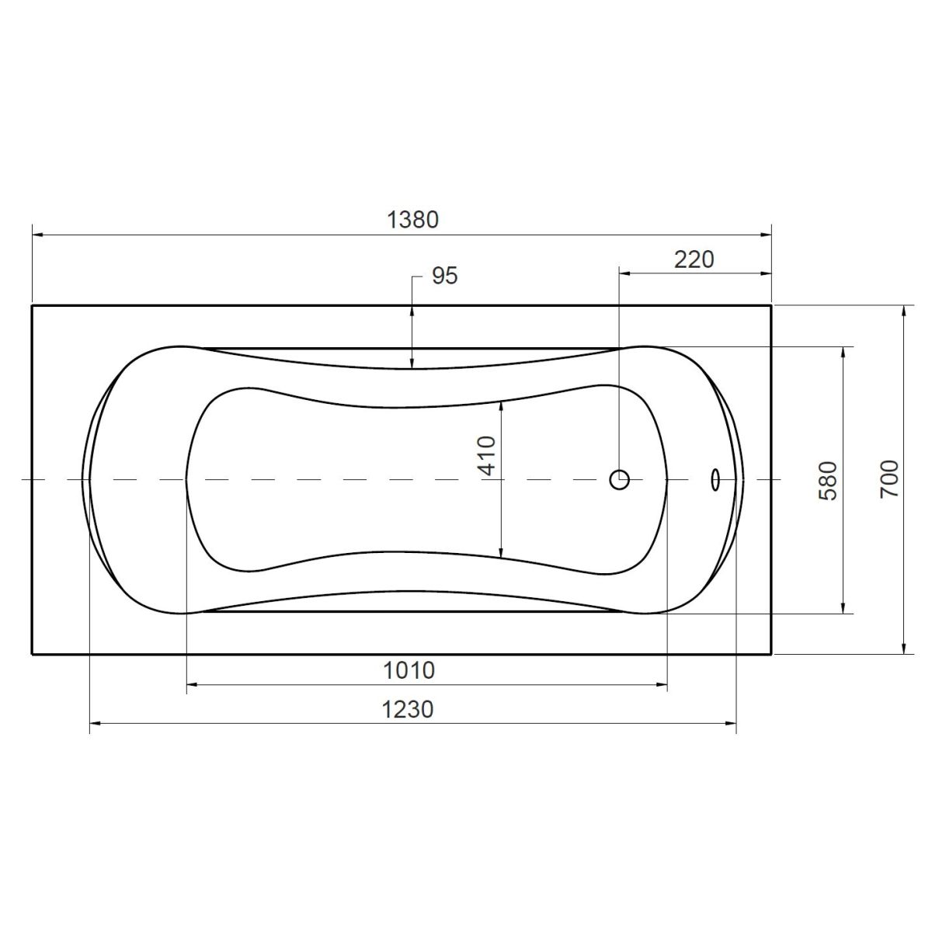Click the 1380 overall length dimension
412,220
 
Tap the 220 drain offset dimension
694,259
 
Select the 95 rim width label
444,276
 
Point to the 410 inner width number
486,456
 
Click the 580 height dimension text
827,481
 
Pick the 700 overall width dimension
889,479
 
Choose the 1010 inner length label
409,670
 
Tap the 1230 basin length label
408,710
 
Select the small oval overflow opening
715,479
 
